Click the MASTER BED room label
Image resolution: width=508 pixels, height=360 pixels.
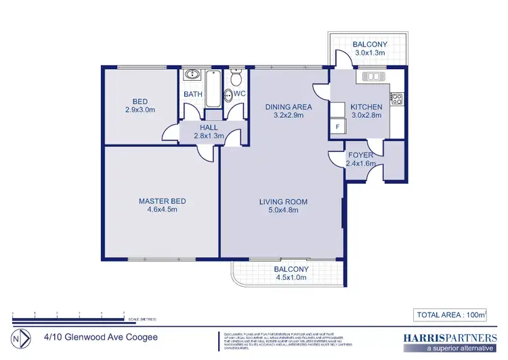(162, 201)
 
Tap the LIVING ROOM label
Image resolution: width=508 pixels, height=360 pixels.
(284, 201)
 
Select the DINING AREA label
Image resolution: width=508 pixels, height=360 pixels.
(288, 107)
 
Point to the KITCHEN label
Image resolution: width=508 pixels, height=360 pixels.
(366, 107)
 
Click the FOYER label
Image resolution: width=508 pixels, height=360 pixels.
(359, 155)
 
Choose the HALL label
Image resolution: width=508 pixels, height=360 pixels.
(208, 127)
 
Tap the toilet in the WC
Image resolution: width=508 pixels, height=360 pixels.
(236, 79)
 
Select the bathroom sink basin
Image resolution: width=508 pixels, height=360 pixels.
(191, 75)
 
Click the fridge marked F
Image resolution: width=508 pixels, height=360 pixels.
(337, 127)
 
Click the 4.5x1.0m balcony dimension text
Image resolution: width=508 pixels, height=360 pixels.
(291, 278)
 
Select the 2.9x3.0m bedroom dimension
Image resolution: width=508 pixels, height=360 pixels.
(140, 110)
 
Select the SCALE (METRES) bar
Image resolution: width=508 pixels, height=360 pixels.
(68, 317)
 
